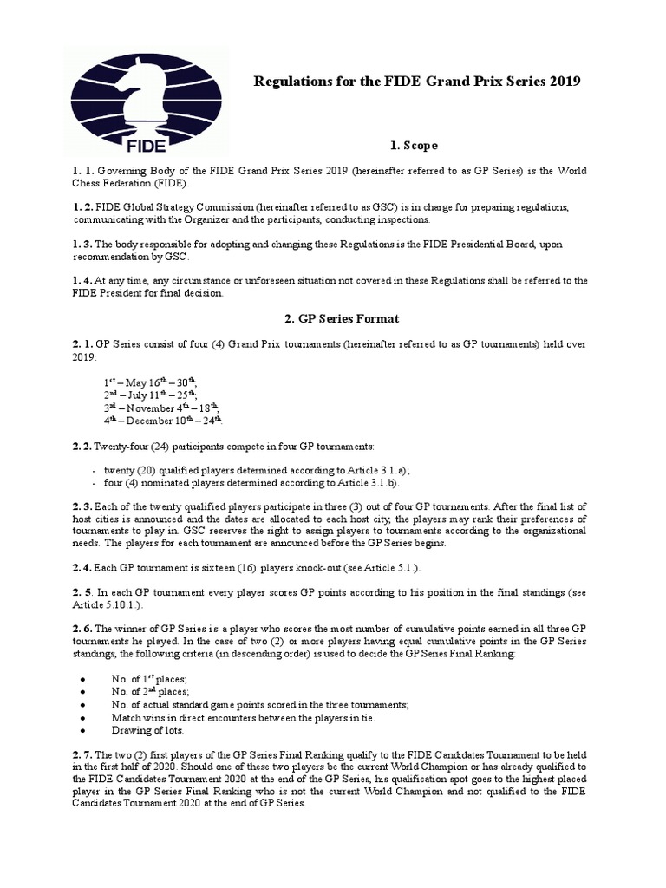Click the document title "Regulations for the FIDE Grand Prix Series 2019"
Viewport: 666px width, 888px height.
(x=415, y=82)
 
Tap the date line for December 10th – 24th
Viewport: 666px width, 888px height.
(x=164, y=421)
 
